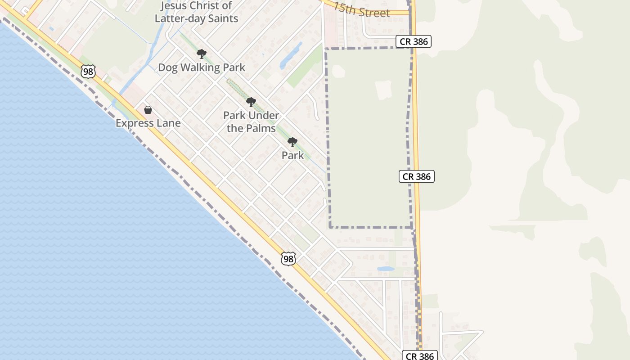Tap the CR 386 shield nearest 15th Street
(414, 41)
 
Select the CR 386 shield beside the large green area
(416, 176)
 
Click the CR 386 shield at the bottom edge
(419, 356)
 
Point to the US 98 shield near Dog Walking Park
(88, 71)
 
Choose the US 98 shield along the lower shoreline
(288, 259)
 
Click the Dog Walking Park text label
(201, 67)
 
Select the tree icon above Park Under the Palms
(251, 102)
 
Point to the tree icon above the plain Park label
(292, 143)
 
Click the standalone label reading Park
(292, 156)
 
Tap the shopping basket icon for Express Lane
(148, 110)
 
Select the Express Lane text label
(148, 123)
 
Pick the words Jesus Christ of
(196, 6)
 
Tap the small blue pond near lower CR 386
(386, 269)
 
